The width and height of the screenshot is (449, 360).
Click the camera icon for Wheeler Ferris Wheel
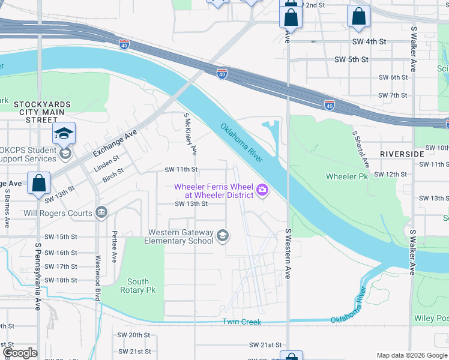[262, 191]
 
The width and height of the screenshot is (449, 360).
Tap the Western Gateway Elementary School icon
[223, 235]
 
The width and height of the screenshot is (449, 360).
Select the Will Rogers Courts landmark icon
[101, 212]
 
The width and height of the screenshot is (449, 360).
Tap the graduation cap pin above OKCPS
[64, 133]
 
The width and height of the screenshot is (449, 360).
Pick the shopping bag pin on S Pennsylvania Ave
[39, 182]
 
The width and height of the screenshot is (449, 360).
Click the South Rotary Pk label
[138, 286]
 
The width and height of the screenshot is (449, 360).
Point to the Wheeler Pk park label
[346, 176]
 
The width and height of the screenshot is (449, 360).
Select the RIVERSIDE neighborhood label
[401, 154]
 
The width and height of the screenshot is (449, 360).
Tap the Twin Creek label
[242, 322]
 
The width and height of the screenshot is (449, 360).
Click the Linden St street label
[106, 163]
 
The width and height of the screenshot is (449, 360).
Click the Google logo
[20, 353]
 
